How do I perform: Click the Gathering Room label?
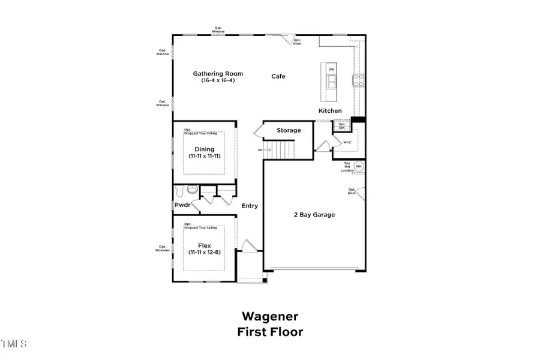pos(214,74)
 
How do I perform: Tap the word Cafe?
pos(278,76)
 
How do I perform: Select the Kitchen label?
pos(330,111)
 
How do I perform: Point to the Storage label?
pos(289,130)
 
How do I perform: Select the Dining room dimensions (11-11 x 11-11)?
pos(204,156)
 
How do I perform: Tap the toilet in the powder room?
pos(192,190)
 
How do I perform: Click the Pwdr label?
pos(182,205)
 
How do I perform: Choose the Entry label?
pos(250,206)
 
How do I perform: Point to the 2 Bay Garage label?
pos(314,215)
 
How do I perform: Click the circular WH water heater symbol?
pos(359,166)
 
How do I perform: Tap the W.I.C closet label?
pos(347,143)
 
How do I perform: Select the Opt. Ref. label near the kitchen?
pos(342,126)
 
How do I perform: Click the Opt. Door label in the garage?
pos(352,191)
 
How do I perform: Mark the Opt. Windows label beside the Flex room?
pos(163,248)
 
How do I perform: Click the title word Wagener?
pos(269,316)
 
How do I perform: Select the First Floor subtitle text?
pos(270,331)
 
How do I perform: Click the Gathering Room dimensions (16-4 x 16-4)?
pos(214,80)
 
